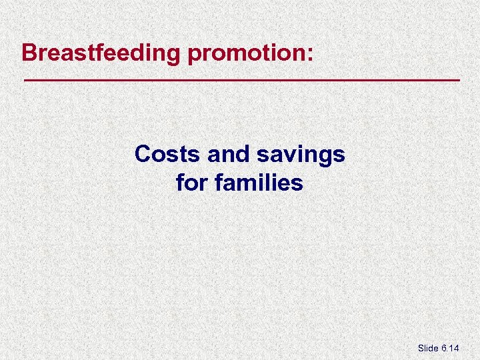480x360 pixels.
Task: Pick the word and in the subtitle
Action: pyautogui.click(x=228, y=154)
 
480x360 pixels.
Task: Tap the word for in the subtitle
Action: pyautogui.click(x=192, y=182)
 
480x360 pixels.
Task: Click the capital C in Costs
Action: pyautogui.click(x=142, y=154)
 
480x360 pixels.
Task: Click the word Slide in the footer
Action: pyautogui.click(x=428, y=348)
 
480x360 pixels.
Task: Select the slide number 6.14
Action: pyautogui.click(x=451, y=348)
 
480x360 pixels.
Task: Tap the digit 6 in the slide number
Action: pyautogui.click(x=445, y=348)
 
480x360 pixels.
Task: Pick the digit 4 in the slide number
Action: pyautogui.click(x=458, y=348)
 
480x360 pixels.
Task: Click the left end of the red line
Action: pyautogui.click(x=25, y=80)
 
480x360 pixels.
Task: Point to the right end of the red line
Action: pyautogui.click(x=460, y=80)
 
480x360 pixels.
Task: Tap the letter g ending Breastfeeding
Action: pyautogui.click(x=174, y=55)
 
